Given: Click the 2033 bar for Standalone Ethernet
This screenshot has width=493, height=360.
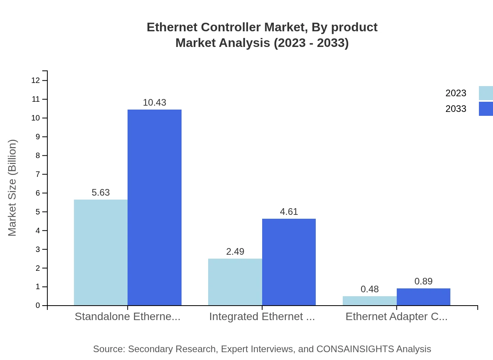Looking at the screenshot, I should tap(155, 207).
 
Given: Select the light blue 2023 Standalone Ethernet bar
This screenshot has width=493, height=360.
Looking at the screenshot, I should tap(101, 252).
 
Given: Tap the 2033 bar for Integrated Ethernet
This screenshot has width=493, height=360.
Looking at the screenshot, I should tap(289, 262).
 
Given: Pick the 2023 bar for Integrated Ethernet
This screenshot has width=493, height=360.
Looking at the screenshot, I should tap(235, 282).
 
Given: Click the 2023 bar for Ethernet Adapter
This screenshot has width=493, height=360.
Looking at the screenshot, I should tap(369, 301).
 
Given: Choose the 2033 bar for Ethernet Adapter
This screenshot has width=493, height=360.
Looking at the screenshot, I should tap(423, 297).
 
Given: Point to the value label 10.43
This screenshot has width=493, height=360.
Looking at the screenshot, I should tap(155, 103).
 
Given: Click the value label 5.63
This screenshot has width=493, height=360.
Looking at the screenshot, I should tap(101, 193).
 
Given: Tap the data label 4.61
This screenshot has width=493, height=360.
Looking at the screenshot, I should tap(289, 212).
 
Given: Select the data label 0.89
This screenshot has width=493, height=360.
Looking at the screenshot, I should tap(423, 281).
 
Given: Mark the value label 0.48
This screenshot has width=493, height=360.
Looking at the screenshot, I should tap(369, 289).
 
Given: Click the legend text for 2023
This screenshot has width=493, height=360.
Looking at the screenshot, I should tap(456, 93).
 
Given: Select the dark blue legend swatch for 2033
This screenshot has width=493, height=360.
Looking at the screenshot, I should tap(486, 109).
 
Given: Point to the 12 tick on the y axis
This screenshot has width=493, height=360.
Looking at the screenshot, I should tap(36, 81).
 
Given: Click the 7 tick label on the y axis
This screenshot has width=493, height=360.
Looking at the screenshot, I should tap(38, 174).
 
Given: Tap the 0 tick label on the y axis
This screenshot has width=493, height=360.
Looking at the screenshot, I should tap(38, 306).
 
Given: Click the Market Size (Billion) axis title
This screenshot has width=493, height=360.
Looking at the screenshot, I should tap(12, 188).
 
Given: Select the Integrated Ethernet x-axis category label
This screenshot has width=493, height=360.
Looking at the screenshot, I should tap(262, 317).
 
